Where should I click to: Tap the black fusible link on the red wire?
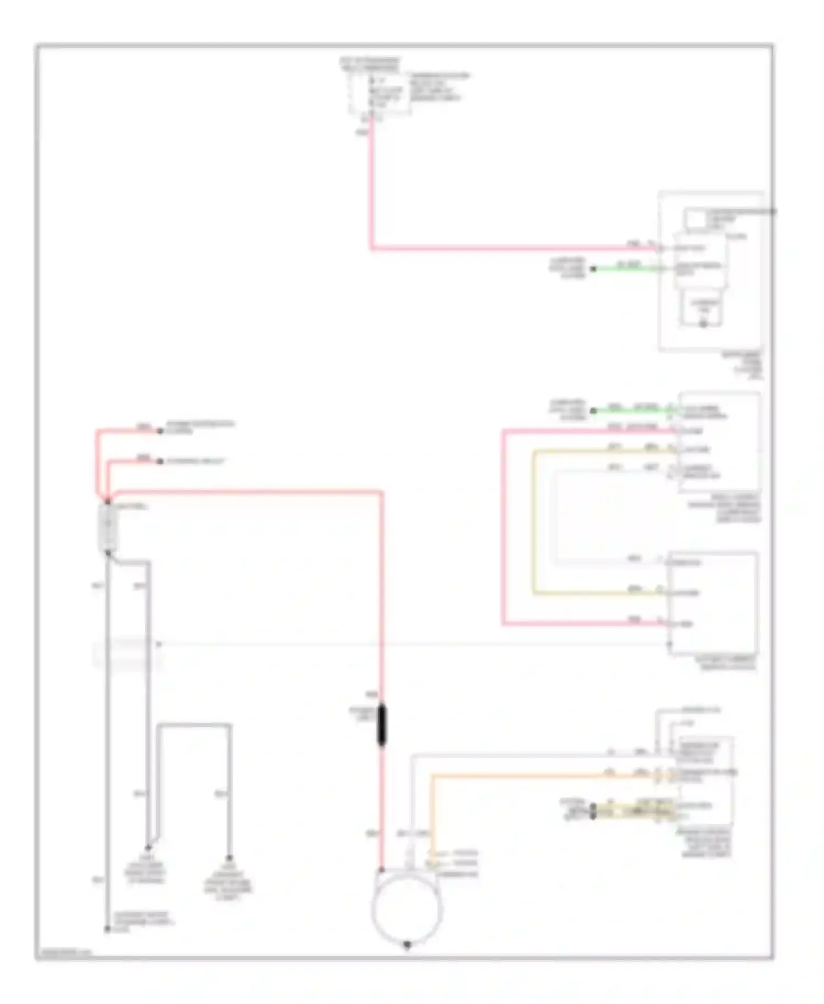click(382, 725)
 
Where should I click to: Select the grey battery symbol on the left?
click(108, 527)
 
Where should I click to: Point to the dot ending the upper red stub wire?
click(160, 431)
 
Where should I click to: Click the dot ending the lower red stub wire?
click(160, 461)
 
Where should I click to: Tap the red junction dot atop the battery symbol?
click(108, 501)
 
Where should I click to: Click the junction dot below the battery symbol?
click(108, 553)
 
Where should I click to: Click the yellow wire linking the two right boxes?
click(533, 522)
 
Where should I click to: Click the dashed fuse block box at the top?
click(379, 93)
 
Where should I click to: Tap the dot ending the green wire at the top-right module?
click(593, 269)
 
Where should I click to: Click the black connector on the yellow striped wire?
click(593, 811)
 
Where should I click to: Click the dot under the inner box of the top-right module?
click(703, 325)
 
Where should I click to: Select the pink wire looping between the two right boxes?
click(503, 527)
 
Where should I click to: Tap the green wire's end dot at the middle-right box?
click(593, 410)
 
